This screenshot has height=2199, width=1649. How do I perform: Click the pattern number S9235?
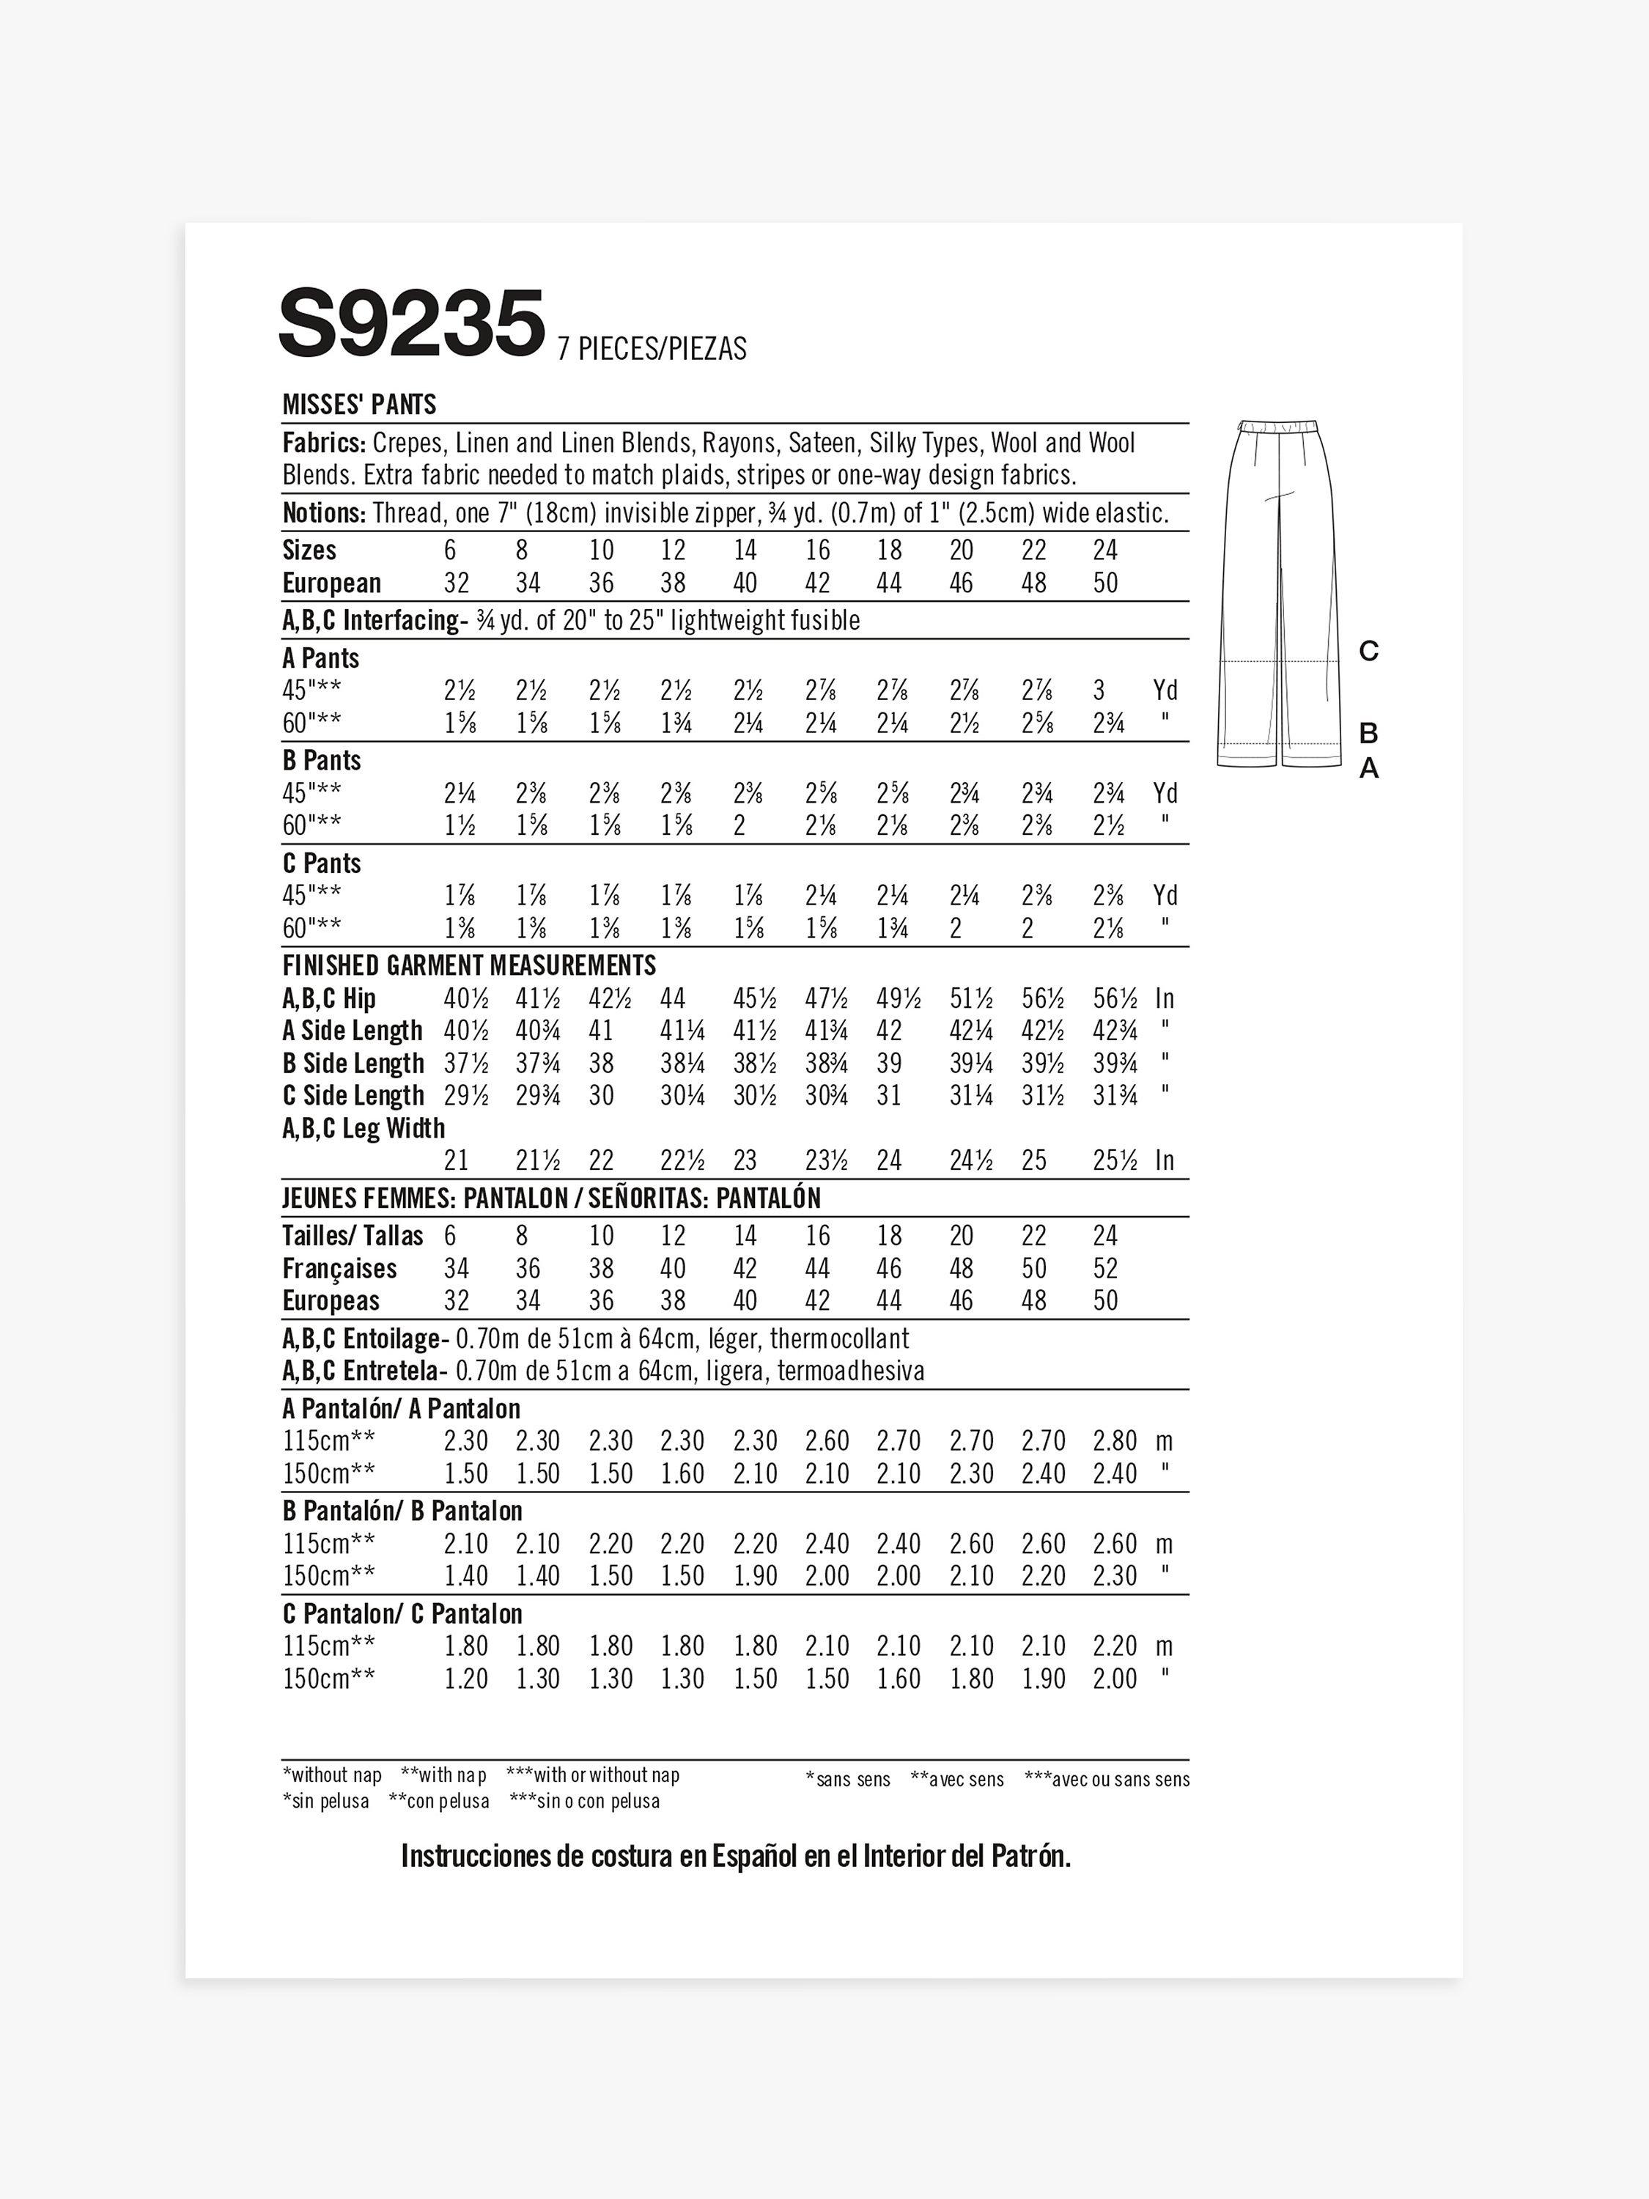pos(411,323)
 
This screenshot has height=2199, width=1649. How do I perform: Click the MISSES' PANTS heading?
pos(359,405)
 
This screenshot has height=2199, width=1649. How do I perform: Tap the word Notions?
pos(324,513)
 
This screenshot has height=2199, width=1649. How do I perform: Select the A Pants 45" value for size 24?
pos(1105,690)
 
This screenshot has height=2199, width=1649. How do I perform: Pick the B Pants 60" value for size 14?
pos(740,825)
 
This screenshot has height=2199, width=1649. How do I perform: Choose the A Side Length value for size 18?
pos(890,1031)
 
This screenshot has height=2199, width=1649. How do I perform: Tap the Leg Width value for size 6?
pos(457,1160)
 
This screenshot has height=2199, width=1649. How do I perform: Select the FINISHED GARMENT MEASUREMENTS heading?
pos(469,965)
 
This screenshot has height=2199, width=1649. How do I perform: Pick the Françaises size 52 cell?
pos(1105,1269)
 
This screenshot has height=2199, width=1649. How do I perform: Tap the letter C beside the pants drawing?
pos(1369,652)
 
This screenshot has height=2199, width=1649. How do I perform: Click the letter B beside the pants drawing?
pos(1369,734)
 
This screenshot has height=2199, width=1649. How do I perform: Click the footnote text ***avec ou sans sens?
pos(1106,1780)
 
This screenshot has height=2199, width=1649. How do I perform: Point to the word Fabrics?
pos(324,443)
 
